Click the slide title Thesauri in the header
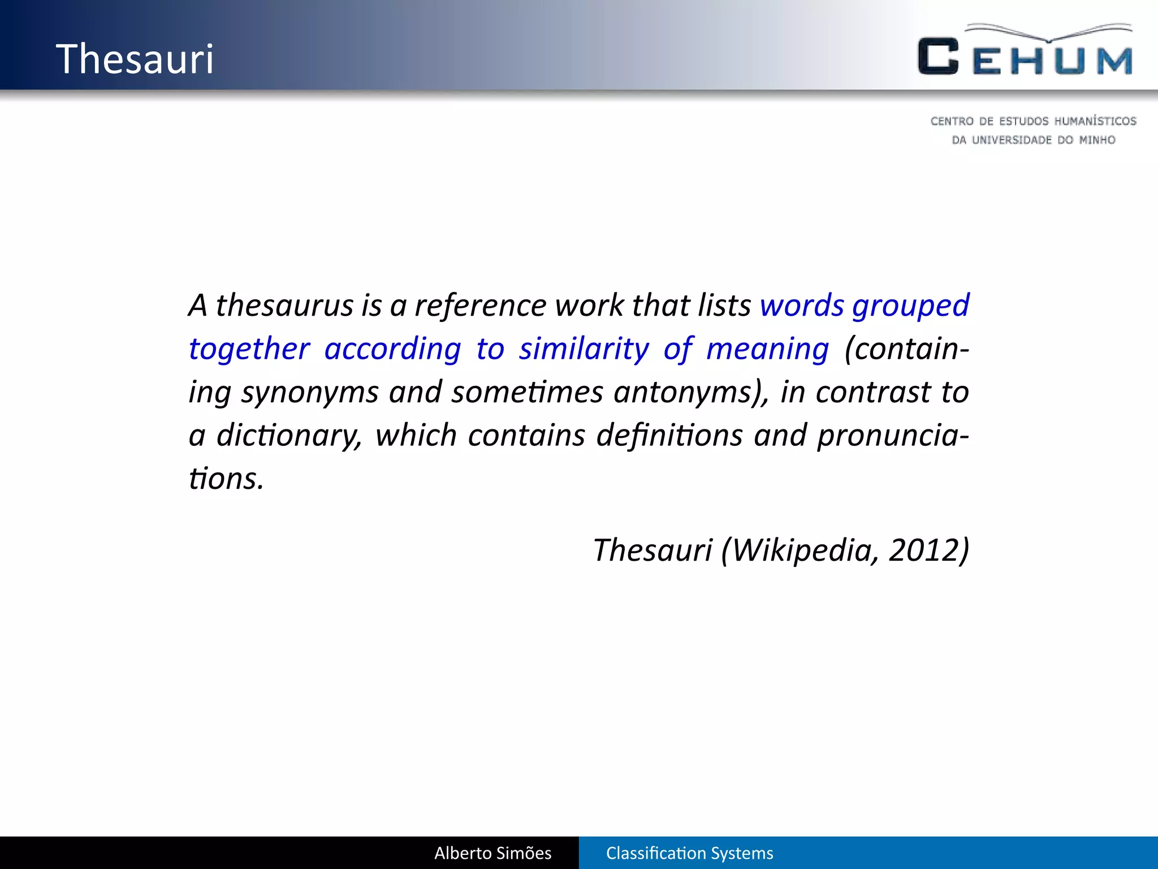135,59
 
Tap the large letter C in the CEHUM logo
938,57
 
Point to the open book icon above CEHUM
1049,32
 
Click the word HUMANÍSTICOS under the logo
1095,121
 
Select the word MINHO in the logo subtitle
1097,140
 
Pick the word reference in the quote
481,306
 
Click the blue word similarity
584,349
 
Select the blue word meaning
767,349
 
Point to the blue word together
249,349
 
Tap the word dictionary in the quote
288,436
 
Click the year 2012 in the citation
928,550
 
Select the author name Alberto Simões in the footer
492,853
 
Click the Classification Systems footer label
689,853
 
